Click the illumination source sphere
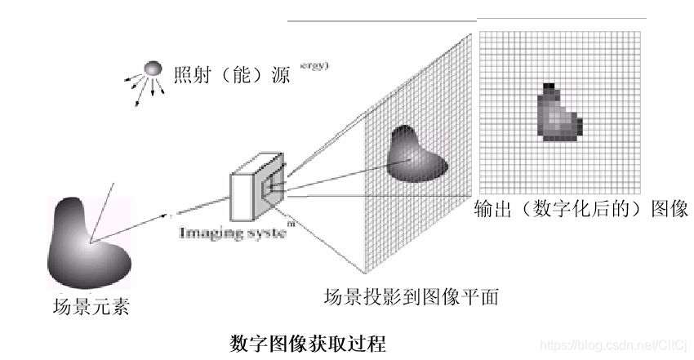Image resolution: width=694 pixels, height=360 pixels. coord(153,69)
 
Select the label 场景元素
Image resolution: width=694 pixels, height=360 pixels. coord(90,308)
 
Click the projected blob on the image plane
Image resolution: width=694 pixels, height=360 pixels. coord(416,155)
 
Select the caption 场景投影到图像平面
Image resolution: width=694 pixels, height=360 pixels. coord(412,297)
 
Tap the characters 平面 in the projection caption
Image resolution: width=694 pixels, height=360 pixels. coord(482,297)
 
